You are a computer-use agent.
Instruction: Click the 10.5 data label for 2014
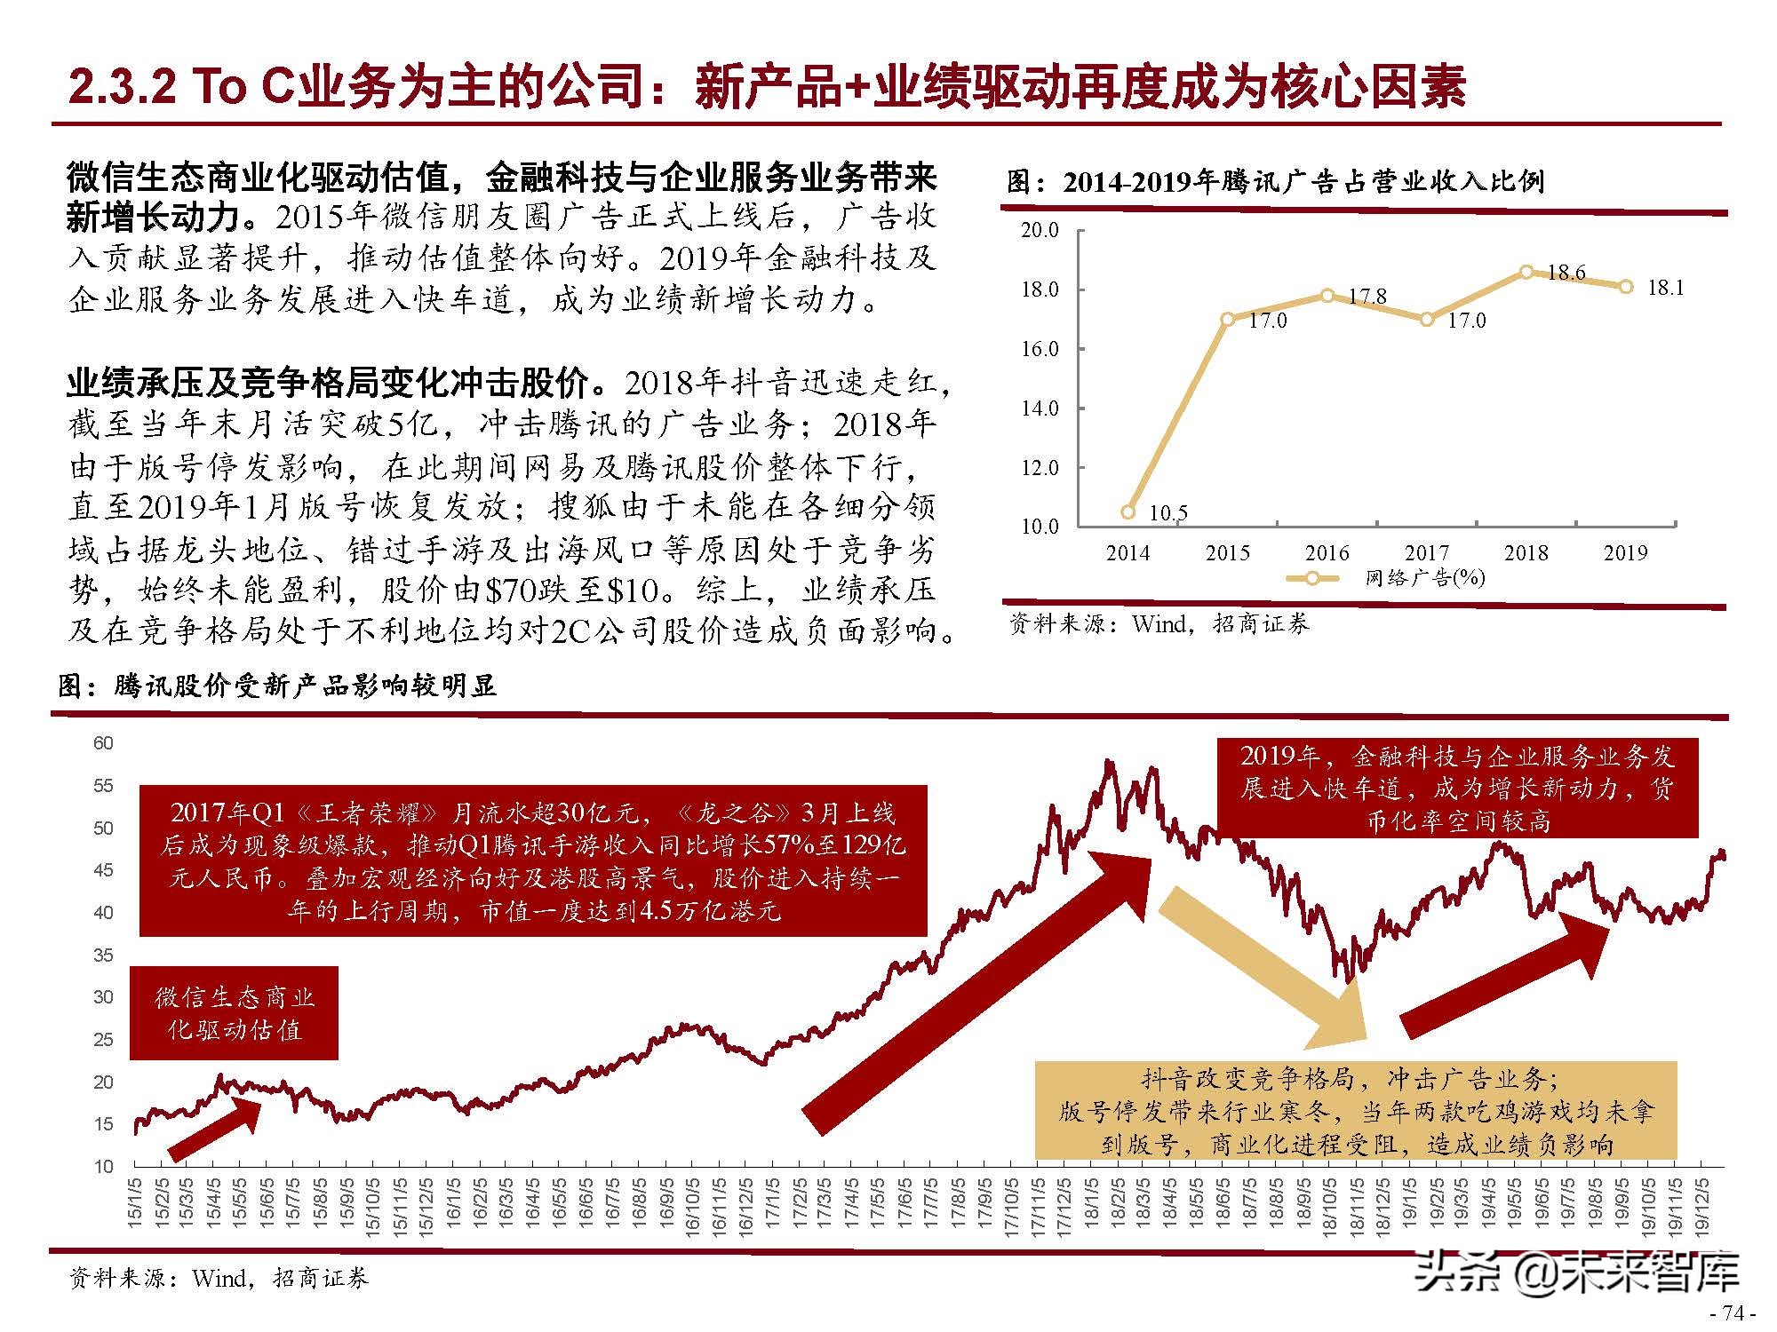point(1168,513)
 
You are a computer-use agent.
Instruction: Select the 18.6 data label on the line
point(1566,273)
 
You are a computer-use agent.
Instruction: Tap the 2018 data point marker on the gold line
point(1526,272)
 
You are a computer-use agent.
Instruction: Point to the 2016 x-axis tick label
point(1327,553)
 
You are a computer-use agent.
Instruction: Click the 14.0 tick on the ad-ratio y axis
point(1040,408)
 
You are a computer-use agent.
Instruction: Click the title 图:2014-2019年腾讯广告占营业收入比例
point(1276,182)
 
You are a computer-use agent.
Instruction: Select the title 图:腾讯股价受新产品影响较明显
point(277,686)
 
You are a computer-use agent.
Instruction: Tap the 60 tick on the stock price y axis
point(103,743)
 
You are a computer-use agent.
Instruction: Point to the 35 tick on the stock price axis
point(103,955)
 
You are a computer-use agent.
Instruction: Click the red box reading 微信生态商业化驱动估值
point(235,1013)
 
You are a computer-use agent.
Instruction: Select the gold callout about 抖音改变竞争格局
point(1356,1112)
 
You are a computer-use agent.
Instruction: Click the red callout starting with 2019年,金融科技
point(1457,788)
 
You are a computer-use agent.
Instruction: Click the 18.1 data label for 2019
point(1666,288)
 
